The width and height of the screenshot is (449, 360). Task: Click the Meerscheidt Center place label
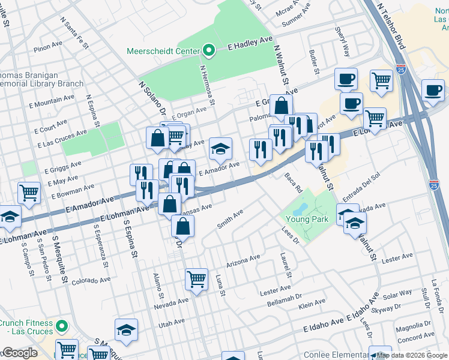click(x=162, y=51)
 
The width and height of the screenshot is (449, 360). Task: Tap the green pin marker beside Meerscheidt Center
click(x=208, y=50)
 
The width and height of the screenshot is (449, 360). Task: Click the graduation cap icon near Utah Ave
click(x=126, y=329)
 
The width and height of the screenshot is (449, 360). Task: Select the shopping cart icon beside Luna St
click(x=196, y=278)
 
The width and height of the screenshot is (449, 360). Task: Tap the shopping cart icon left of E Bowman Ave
click(x=29, y=193)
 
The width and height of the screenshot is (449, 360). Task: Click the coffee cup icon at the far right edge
click(x=433, y=90)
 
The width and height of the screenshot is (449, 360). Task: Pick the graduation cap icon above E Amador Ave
click(x=220, y=148)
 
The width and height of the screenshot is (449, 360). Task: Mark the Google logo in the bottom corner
click(x=20, y=353)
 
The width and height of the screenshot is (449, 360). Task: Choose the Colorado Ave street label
click(x=91, y=280)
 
